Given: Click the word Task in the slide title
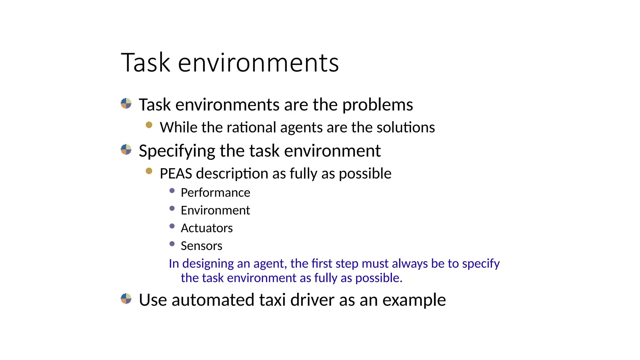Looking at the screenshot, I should [x=146, y=63].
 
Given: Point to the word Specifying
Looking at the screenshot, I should [x=177, y=151].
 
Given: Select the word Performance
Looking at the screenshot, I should [x=215, y=193].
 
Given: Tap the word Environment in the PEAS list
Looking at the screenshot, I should [x=215, y=211].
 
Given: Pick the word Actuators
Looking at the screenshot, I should [x=207, y=228].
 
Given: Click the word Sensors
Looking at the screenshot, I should [x=201, y=246].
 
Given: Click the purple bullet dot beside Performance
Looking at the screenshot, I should [x=172, y=191].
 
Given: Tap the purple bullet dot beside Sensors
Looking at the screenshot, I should [x=172, y=244].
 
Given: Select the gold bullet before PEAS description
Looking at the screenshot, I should [x=149, y=171].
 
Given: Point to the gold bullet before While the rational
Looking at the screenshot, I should [x=149, y=125].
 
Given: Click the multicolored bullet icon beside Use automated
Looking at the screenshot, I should [x=126, y=299].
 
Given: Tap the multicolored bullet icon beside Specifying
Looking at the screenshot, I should [x=126, y=150].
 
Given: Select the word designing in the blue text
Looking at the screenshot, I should [x=208, y=264].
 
